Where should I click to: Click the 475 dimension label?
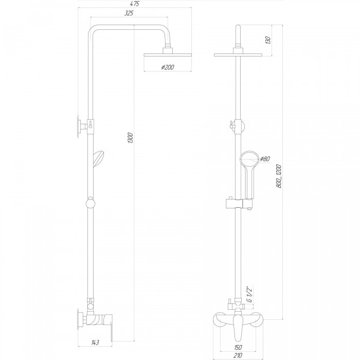click(x=135, y=4)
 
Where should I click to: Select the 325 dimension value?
click(x=129, y=13)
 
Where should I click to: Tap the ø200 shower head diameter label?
click(x=168, y=67)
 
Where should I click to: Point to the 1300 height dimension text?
click(x=130, y=138)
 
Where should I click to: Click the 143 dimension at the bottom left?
click(x=95, y=343)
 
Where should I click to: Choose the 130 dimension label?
click(x=268, y=40)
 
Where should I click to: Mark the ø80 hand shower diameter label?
click(x=264, y=158)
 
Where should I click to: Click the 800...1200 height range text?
click(x=279, y=176)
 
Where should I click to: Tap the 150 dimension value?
click(x=238, y=347)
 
